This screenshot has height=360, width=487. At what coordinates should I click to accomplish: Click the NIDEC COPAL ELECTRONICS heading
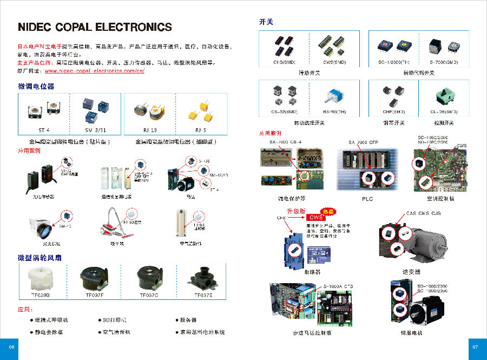pyautogui.click(x=95, y=27)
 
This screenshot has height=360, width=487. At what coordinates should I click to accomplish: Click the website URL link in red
pyautogui.click(x=94, y=71)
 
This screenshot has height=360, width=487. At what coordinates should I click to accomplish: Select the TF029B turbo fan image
pyautogui.click(x=42, y=277)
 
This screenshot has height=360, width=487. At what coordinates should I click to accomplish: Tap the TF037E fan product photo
pyautogui.click(x=203, y=277)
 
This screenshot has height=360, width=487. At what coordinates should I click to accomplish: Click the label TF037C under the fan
pyautogui.click(x=149, y=295)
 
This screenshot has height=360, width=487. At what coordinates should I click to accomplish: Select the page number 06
pyautogui.click(x=9, y=347)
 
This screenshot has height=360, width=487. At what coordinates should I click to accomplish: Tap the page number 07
pyautogui.click(x=476, y=347)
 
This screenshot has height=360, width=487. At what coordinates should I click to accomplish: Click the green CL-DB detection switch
pyautogui.click(x=444, y=96)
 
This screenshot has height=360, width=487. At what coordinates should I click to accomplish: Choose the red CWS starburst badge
pyautogui.click(x=326, y=212)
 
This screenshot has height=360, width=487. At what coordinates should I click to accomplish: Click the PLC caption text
pyautogui.click(x=367, y=199)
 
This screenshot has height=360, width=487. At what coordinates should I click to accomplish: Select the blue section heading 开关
pyautogui.click(x=266, y=22)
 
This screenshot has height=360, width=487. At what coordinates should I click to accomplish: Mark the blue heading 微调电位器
pyautogui.click(x=36, y=87)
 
